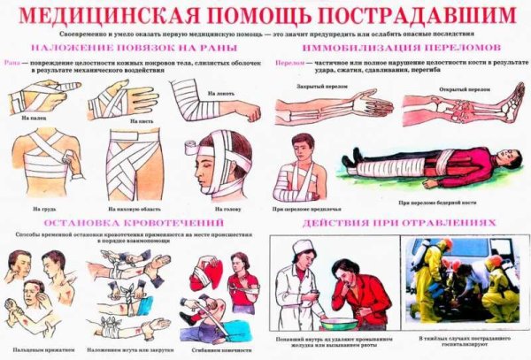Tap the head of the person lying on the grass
[508, 164]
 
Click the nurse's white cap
[304, 247]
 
